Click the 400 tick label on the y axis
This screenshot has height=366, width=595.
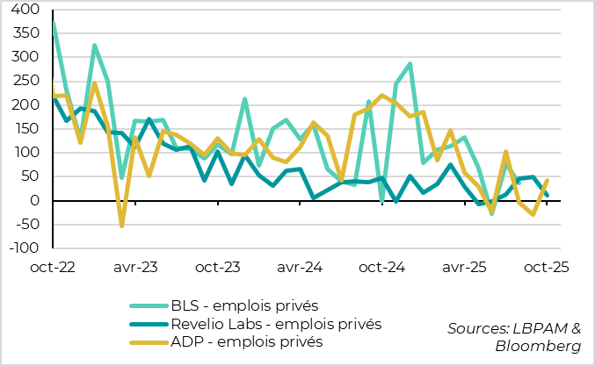pyautogui.click(x=25, y=10)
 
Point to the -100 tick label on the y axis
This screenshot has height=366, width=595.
pyautogui.click(x=24, y=248)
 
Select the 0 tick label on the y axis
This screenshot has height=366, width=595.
pyautogui.click(x=33, y=201)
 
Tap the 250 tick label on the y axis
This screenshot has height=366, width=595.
pyautogui.click(x=25, y=82)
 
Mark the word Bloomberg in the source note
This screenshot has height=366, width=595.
pyautogui.click(x=542, y=345)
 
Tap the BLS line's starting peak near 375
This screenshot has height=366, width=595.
pyautogui.click(x=54, y=23)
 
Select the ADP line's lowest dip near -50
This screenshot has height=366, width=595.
pyautogui.click(x=121, y=226)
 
